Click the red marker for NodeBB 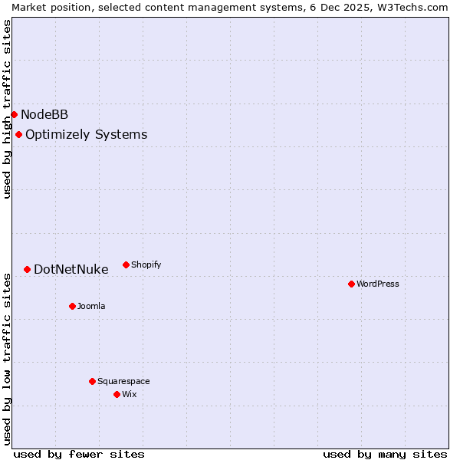14,114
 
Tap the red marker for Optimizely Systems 18,135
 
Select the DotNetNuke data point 27,269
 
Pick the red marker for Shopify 126,264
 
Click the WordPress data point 351,284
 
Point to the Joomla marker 72,306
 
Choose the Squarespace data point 92,381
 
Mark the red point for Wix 117,394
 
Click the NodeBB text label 44,115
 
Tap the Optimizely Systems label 86,135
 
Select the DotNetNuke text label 71,270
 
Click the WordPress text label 378,284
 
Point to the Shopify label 146,264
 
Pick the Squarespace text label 123,381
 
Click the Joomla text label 91,306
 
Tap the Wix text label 129,394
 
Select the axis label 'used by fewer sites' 79,454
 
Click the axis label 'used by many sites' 385,454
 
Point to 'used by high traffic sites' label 7,109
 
